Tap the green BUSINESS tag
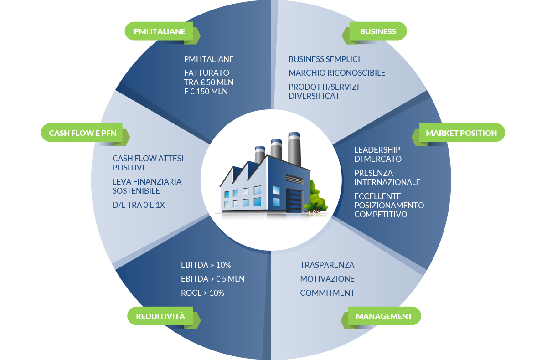(374, 31)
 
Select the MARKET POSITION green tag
(458, 133)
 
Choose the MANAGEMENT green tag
(381, 316)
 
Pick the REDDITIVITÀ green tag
(164, 316)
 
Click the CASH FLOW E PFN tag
(85, 133)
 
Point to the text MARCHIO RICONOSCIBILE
(337, 73)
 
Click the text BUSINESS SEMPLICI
(324, 59)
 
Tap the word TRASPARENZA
(327, 265)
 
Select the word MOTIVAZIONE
(327, 279)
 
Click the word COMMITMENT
(327, 293)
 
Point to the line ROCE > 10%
(202, 293)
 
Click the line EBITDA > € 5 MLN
(212, 279)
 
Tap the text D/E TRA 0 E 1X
(139, 205)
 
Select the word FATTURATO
(206, 73)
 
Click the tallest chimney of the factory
(294, 149)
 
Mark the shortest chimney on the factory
(259, 155)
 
